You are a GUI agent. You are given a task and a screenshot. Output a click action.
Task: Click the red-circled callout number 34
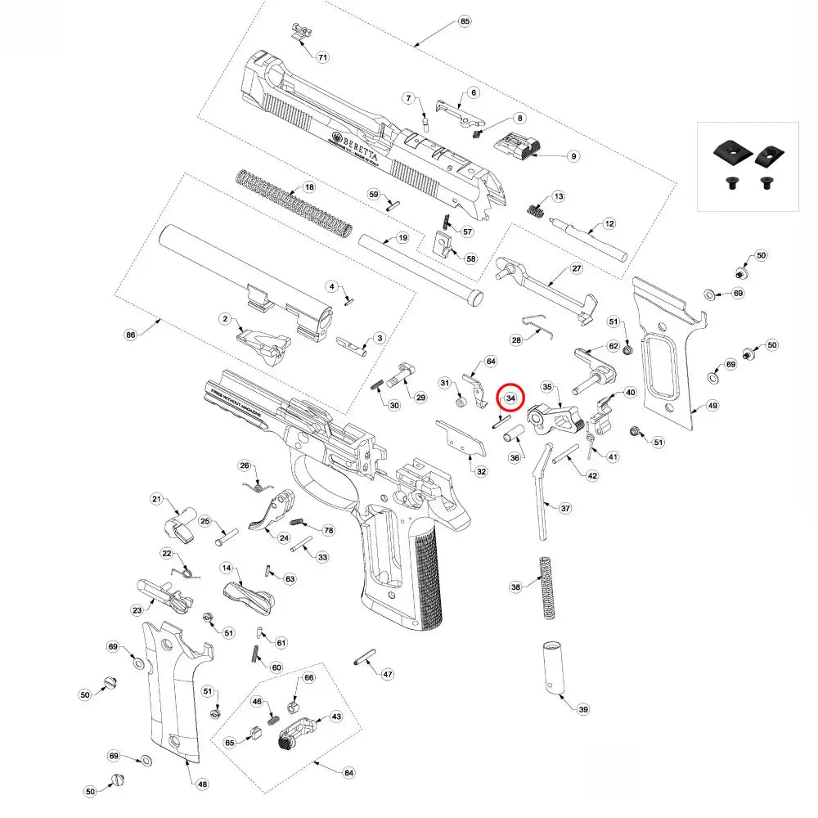tap(510, 398)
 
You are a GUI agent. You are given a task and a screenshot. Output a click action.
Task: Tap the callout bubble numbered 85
tap(465, 20)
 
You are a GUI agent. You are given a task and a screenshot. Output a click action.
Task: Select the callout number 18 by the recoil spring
tap(309, 187)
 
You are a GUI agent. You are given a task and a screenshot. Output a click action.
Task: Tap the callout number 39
tap(582, 709)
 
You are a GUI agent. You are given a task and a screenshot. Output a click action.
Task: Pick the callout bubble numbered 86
tap(129, 335)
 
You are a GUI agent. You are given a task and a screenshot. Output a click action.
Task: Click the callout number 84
tap(349, 773)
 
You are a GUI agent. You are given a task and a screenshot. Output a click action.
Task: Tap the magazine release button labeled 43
tap(298, 732)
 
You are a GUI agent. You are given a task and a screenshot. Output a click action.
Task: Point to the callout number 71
tap(322, 57)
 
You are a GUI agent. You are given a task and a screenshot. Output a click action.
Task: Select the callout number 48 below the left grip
tap(203, 784)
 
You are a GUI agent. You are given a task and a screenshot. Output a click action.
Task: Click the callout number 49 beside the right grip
tap(712, 406)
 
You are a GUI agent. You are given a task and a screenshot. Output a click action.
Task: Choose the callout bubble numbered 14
tap(227, 568)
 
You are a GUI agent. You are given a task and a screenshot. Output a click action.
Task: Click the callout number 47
tap(388, 674)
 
